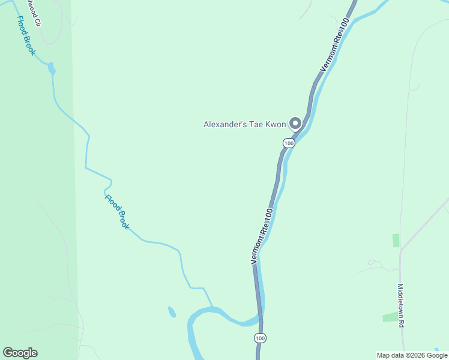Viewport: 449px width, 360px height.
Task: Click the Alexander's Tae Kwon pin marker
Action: pyautogui.click(x=295, y=124)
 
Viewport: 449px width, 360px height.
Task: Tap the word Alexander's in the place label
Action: pyautogui.click(x=226, y=125)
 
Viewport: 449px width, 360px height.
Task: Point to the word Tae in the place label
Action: pyautogui.click(x=257, y=125)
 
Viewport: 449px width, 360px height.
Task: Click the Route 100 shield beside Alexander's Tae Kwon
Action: pyautogui.click(x=289, y=143)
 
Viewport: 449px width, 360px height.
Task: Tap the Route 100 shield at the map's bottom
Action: pyautogui.click(x=259, y=338)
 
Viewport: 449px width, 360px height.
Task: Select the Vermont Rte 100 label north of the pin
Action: pyautogui.click(x=335, y=46)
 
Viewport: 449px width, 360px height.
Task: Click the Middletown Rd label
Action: pyautogui.click(x=401, y=305)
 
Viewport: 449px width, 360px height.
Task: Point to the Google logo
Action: pyautogui.click(x=20, y=353)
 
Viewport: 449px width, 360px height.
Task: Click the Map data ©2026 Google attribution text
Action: pyautogui.click(x=412, y=355)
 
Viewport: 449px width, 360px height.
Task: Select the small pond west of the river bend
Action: pyautogui.click(x=172, y=312)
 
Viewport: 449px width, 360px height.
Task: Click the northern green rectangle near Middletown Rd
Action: pyautogui.click(x=396, y=241)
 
